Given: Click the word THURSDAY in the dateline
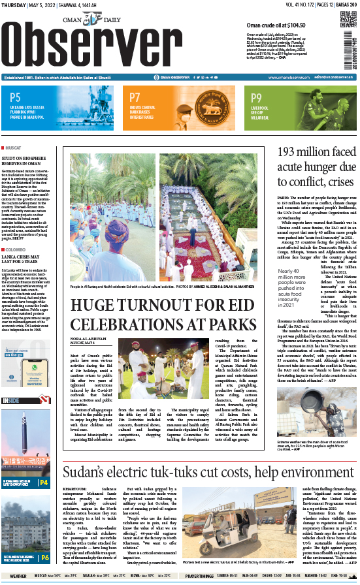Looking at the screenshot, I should click(15, 5).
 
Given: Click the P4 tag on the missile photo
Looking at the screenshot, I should click(43, 482).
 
